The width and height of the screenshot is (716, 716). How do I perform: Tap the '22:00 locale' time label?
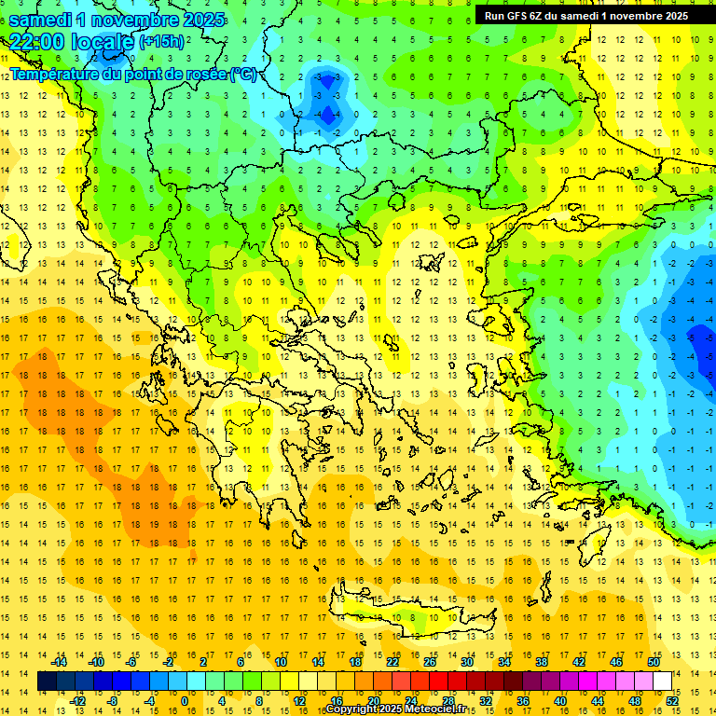[x=72, y=42]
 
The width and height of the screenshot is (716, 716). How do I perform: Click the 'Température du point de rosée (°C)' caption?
[x=132, y=74]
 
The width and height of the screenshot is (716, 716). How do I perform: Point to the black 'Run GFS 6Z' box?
[x=586, y=15]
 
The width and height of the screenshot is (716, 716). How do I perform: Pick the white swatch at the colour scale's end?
[x=663, y=682]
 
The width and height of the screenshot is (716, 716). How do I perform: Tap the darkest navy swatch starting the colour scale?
[x=48, y=682]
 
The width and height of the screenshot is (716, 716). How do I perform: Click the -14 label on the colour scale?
[x=60, y=662]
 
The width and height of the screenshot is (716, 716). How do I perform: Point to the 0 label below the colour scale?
[x=184, y=701]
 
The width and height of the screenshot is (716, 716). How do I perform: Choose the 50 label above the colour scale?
[x=654, y=662]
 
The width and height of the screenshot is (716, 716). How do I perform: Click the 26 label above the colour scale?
[x=430, y=662]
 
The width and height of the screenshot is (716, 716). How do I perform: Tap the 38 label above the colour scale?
[x=542, y=662]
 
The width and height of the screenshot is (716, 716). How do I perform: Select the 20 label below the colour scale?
[x=373, y=701]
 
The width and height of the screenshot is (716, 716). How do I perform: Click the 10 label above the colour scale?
[x=281, y=662]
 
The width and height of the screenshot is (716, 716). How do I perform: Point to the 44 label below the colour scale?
[x=597, y=701]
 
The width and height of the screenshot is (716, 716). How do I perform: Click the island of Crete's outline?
[x=410, y=618]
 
